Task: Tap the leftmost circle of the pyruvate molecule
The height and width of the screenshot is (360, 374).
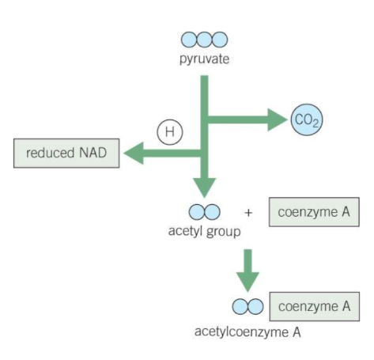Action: point(190,40)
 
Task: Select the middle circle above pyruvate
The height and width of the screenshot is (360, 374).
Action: point(204,40)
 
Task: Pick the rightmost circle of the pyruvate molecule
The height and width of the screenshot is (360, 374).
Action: point(218,40)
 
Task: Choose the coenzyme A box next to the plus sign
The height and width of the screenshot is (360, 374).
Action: point(308,212)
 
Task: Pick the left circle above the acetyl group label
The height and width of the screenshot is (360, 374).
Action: point(196,212)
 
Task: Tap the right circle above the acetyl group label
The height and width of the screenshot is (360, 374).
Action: point(212,212)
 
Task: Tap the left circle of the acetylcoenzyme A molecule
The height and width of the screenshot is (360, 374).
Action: point(239,305)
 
